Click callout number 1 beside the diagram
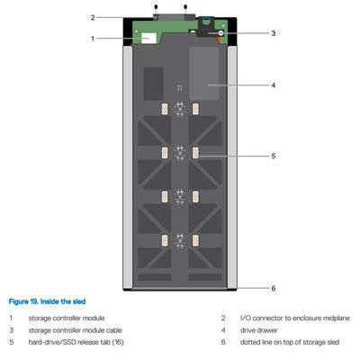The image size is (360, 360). click(x=92, y=38)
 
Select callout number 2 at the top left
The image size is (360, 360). click(x=92, y=16)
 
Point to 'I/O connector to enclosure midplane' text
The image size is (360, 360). click(x=284, y=318)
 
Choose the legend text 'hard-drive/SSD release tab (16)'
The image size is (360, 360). click(x=76, y=342)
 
